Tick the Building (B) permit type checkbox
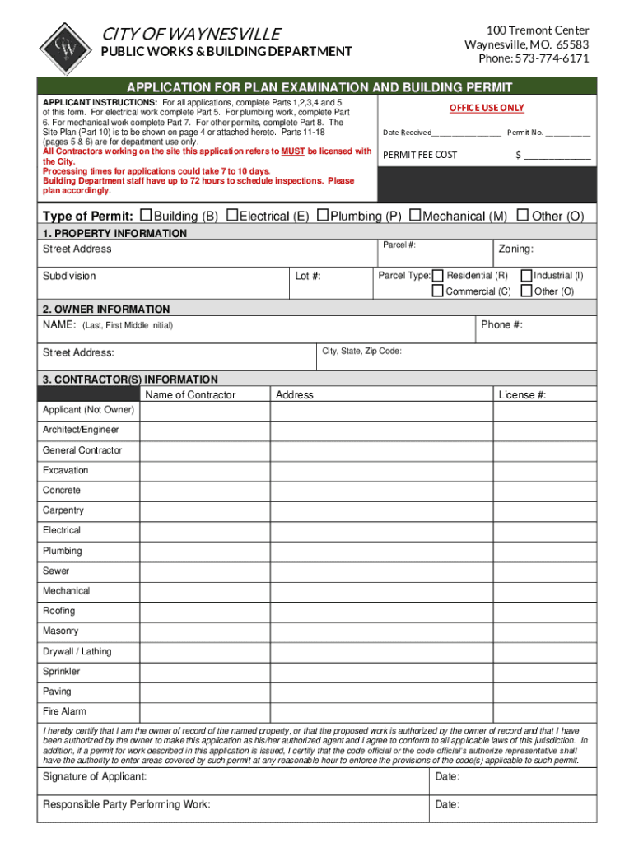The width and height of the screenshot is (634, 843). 147,215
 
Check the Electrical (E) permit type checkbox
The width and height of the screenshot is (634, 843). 232,215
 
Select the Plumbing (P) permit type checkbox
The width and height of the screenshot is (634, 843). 324,215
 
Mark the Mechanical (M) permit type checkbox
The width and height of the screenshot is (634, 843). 415,215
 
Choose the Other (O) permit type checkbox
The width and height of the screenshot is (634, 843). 522,215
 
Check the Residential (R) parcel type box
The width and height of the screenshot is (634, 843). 438,275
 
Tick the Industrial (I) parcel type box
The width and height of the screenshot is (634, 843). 527,275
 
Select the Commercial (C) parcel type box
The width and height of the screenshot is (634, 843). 438,291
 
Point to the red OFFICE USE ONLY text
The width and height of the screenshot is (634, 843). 486,108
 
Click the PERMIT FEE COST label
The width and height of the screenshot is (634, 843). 420,155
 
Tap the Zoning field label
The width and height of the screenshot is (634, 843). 516,249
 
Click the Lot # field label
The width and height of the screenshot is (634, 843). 308,276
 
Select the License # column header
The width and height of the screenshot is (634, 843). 522,395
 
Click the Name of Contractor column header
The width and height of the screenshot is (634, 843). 190,395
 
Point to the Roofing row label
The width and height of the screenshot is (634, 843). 58,611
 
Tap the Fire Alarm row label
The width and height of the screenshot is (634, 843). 64,711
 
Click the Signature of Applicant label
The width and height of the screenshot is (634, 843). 95,777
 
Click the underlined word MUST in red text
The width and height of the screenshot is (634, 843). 294,151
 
